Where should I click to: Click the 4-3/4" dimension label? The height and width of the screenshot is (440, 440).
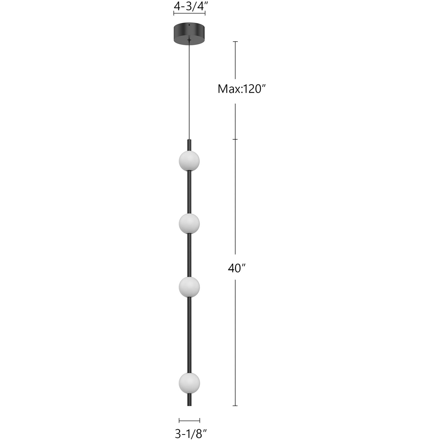[x=189, y=6]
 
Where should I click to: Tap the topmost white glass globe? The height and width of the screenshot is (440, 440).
[x=189, y=161]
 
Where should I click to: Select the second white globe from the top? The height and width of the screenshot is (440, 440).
[x=189, y=223]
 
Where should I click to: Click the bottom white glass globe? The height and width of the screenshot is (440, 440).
[x=189, y=383]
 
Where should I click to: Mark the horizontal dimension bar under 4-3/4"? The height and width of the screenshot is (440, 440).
[x=189, y=13]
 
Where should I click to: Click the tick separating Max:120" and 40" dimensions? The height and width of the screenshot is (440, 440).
[x=235, y=139]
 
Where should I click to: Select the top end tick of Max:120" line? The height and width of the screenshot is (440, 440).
[x=235, y=42]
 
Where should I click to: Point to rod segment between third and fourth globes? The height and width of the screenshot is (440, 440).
[x=189, y=335]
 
